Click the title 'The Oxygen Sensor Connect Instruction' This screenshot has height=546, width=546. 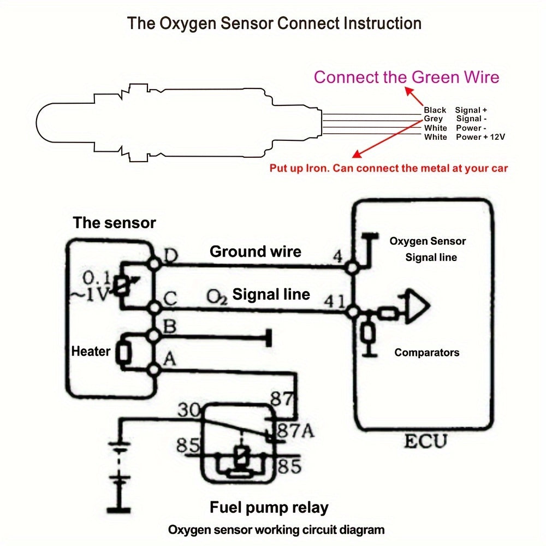[274, 24]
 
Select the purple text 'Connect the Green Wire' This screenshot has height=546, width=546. [406, 77]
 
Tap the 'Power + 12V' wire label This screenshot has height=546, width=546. [480, 137]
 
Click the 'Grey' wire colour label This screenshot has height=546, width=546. [434, 119]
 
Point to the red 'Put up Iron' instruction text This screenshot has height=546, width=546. [388, 168]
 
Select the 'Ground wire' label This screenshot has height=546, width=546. [255, 252]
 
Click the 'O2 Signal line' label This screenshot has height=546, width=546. [258, 295]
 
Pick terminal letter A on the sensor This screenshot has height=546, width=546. [169, 359]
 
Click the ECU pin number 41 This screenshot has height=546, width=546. [334, 301]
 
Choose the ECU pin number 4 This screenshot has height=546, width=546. [338, 256]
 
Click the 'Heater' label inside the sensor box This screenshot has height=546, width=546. [91, 352]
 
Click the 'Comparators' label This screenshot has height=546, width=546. [426, 353]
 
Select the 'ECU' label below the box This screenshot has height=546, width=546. [425, 441]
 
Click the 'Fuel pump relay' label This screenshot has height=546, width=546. [269, 508]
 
